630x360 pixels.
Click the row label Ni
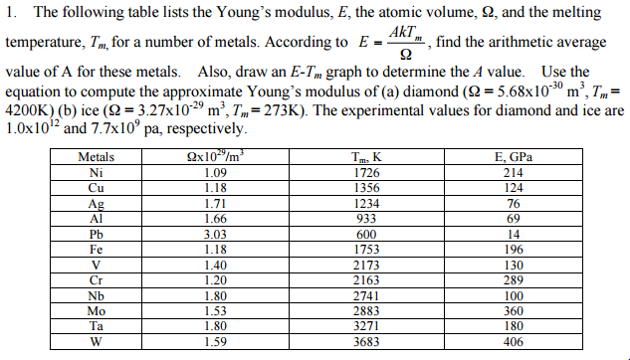tap(97, 172)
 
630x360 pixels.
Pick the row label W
tap(97, 343)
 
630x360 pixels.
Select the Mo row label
tap(97, 312)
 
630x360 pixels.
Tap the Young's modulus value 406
tap(513, 343)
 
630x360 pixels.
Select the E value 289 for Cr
tap(513, 281)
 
